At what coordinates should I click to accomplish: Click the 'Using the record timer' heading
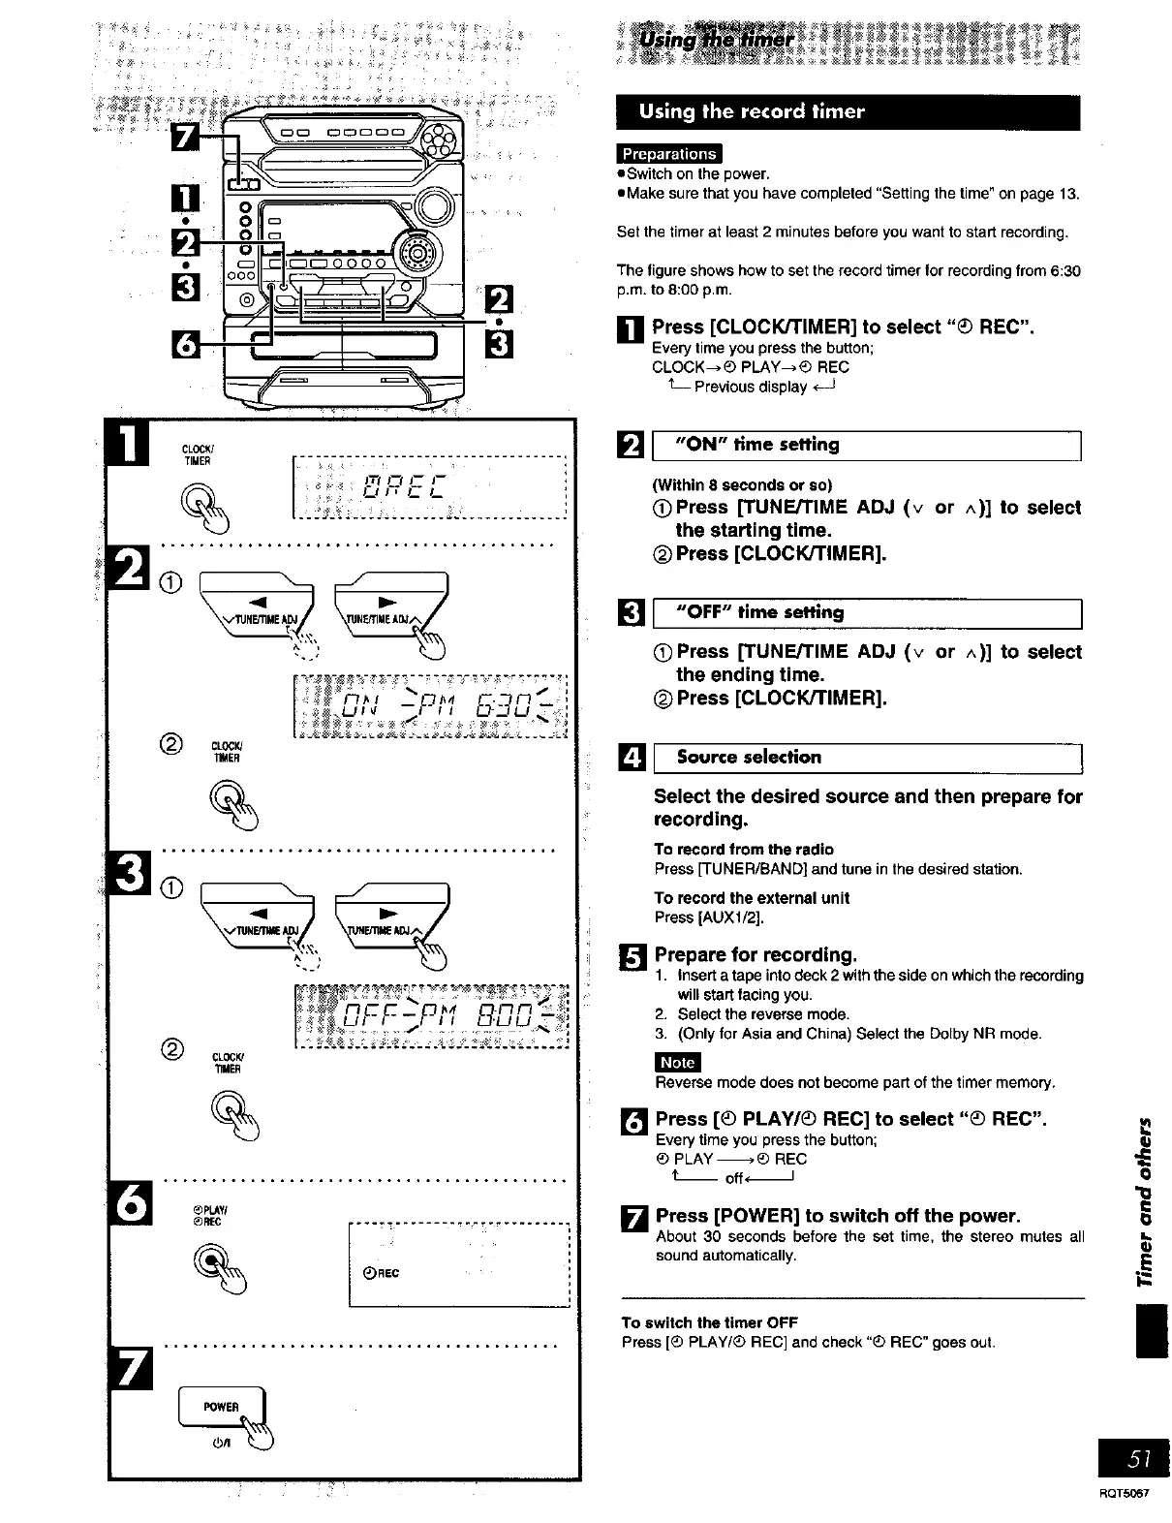click(x=751, y=111)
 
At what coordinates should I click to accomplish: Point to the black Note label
click(x=677, y=1062)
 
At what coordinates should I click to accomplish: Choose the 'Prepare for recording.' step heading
click(x=756, y=954)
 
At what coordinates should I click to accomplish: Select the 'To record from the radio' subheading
click(x=743, y=850)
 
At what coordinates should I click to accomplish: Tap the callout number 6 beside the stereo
click(x=186, y=343)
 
